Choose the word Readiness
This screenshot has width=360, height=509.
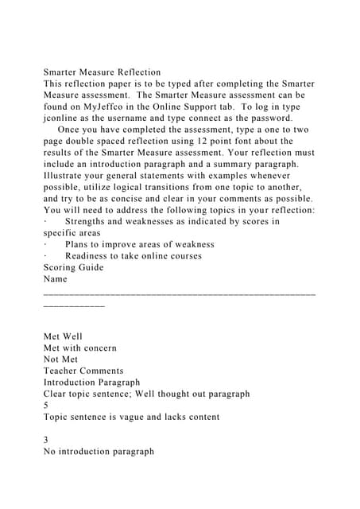point(94,256)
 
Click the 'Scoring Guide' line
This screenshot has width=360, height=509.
point(73,267)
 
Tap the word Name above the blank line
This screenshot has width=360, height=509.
point(56,279)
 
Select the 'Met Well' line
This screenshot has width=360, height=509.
point(64,336)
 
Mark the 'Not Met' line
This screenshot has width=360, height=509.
point(61,359)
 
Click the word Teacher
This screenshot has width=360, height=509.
point(62,371)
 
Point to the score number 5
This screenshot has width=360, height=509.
point(46,405)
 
